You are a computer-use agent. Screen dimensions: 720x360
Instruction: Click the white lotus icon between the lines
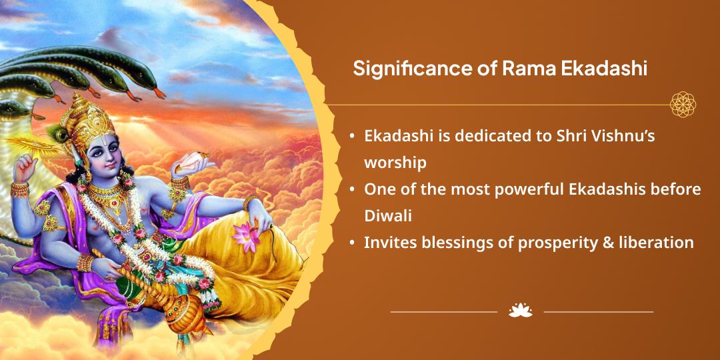520,311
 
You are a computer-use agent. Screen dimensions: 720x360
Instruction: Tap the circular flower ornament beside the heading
683,104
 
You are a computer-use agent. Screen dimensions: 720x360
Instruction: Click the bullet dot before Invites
352,243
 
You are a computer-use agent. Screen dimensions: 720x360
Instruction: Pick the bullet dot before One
352,189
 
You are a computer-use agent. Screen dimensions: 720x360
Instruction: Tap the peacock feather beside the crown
57,133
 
